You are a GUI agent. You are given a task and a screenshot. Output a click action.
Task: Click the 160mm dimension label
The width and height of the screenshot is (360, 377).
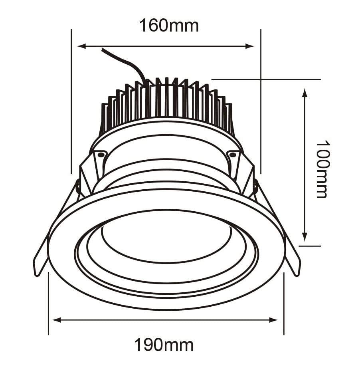169,26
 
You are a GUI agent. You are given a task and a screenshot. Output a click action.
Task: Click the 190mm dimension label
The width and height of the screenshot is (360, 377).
163,345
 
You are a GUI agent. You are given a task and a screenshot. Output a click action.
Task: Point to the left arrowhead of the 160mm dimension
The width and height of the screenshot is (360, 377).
81,46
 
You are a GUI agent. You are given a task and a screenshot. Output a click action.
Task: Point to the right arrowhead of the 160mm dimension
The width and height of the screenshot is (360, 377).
250,46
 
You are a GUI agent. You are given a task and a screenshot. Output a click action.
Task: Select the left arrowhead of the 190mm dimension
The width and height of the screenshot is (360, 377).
57,320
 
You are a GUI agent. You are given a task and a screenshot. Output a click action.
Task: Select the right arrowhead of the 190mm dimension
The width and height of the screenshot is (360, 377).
274,320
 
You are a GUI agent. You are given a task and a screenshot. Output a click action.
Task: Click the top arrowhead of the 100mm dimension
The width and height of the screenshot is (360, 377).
305,93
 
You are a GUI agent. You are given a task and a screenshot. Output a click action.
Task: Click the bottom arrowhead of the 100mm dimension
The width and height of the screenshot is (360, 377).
305,237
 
